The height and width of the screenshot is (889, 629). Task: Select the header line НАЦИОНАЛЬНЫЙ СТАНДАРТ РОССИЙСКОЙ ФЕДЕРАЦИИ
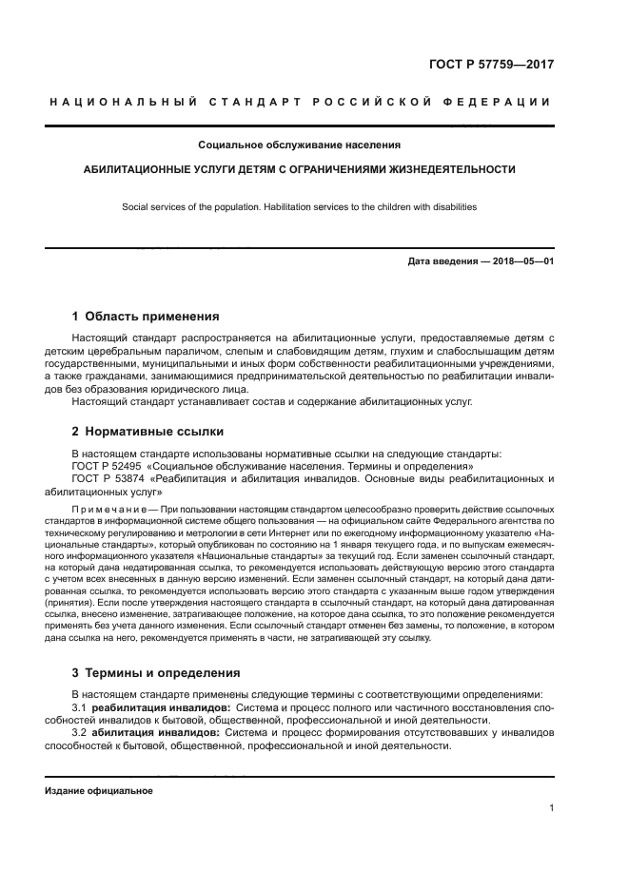tap(299, 102)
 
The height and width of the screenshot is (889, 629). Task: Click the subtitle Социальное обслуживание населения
tap(299, 145)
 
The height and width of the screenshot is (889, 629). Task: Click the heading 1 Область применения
tap(146, 316)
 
